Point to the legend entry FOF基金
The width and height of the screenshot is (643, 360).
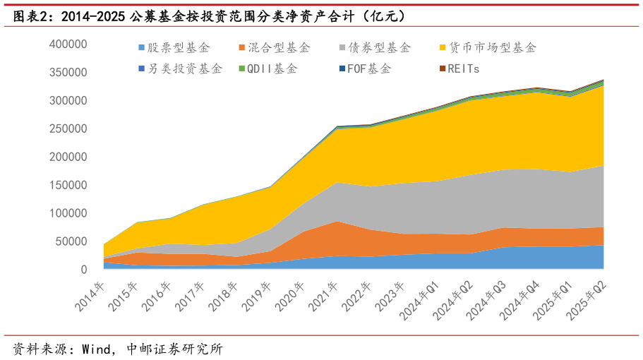coord(369,69)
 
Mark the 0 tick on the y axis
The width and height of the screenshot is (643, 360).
coord(83,270)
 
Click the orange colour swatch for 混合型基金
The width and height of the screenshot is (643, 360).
coord(242,48)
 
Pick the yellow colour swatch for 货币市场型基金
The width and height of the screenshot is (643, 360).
coord(443,48)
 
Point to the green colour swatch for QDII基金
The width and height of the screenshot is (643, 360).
coord(242,69)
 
